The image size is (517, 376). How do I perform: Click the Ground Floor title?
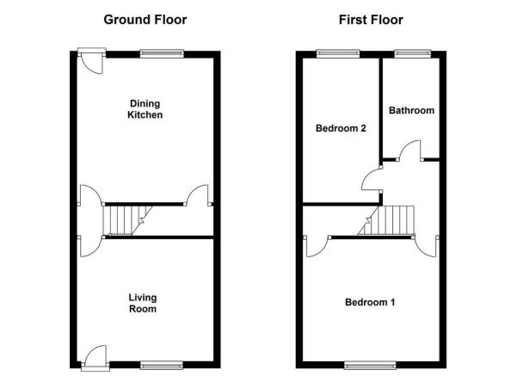tap(145, 20)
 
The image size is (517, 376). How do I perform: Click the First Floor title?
tap(371, 20)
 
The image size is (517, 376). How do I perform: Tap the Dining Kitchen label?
tap(145, 109)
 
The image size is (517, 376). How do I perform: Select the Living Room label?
tap(143, 303)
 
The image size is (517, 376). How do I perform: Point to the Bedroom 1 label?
tap(370, 302)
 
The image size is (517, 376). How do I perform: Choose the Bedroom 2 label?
tap(341, 128)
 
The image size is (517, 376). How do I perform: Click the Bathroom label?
tap(411, 110)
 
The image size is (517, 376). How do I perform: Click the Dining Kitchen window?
tap(162, 53)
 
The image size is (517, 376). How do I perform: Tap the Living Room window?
tap(162, 365)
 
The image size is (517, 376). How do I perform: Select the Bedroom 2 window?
tap(338, 53)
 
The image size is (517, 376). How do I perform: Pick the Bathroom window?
tap(413, 53)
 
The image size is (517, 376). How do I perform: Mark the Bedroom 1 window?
tap(370, 365)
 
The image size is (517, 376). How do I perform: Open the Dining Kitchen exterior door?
tap(92, 61)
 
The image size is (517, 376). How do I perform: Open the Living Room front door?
tap(95, 358)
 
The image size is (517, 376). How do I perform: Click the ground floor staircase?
tap(127, 220)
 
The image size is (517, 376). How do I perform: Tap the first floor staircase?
tap(386, 220)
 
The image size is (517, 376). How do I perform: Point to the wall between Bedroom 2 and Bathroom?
tap(380, 108)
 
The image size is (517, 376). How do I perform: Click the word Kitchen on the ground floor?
tap(145, 114)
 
